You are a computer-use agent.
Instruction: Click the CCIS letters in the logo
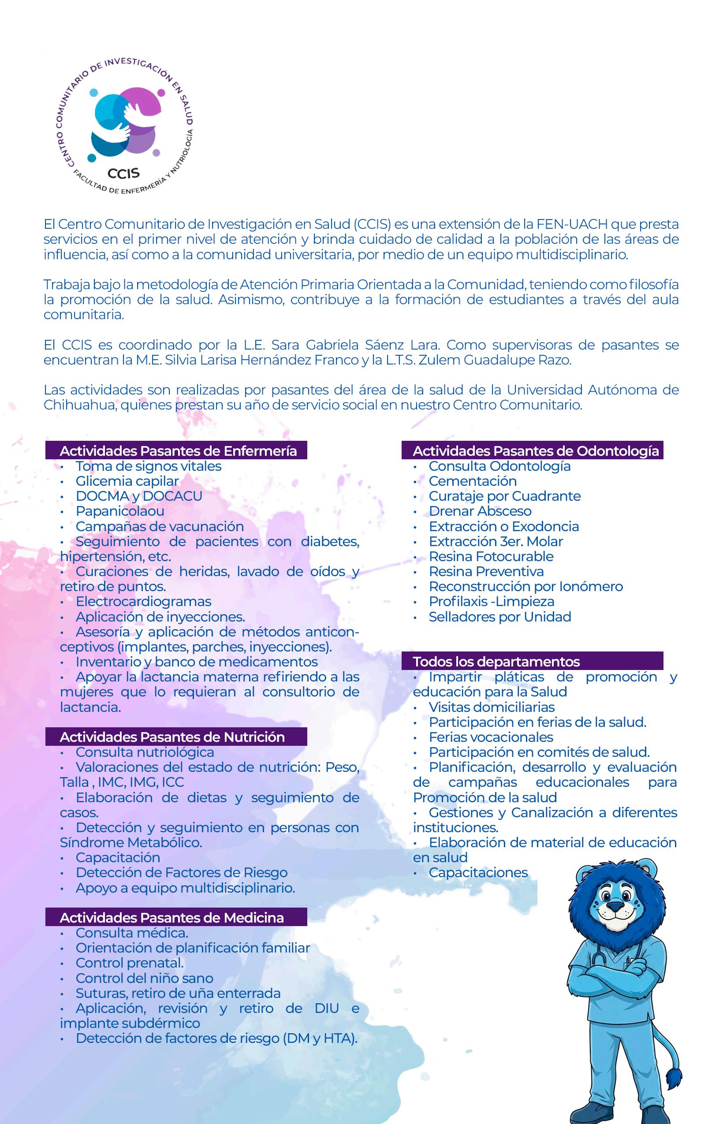point(123,173)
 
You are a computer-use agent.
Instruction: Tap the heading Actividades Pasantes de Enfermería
point(178,450)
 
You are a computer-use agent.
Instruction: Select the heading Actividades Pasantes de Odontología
point(535,450)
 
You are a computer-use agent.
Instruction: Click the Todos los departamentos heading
point(496,661)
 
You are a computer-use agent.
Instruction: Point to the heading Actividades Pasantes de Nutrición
point(172,737)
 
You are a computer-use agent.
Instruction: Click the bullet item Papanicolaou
point(120,511)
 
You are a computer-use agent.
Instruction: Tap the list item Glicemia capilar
point(127,481)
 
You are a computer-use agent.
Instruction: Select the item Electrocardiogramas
point(143,601)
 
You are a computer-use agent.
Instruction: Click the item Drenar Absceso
point(480,511)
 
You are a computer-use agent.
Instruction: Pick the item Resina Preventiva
point(486,571)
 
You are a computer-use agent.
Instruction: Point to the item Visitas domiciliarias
point(491,707)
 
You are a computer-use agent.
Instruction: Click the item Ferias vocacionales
point(491,737)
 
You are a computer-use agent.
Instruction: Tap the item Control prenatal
point(130,963)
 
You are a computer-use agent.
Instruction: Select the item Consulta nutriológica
point(145,752)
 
